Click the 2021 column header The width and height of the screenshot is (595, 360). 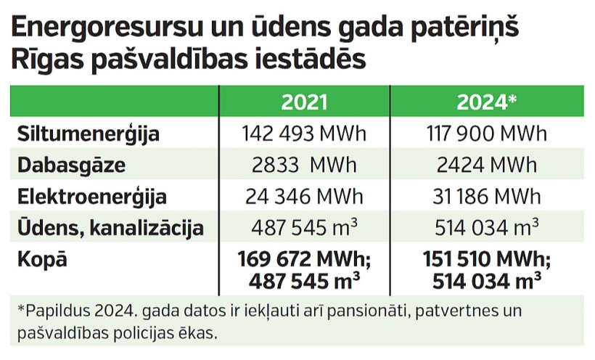304,102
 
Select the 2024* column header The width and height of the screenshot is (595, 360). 486,102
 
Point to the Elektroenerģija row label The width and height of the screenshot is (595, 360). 91,197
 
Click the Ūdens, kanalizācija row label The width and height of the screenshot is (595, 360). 110,229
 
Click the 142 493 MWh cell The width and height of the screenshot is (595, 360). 304,134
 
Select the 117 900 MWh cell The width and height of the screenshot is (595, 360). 486,134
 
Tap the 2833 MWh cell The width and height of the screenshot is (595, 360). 304,165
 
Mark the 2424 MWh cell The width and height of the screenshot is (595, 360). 486,165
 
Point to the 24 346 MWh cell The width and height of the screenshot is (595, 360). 304,197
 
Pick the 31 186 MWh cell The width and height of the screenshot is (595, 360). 486,197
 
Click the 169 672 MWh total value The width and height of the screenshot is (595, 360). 304,258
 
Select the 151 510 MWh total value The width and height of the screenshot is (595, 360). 486,258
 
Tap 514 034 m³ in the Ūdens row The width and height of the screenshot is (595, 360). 486,229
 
